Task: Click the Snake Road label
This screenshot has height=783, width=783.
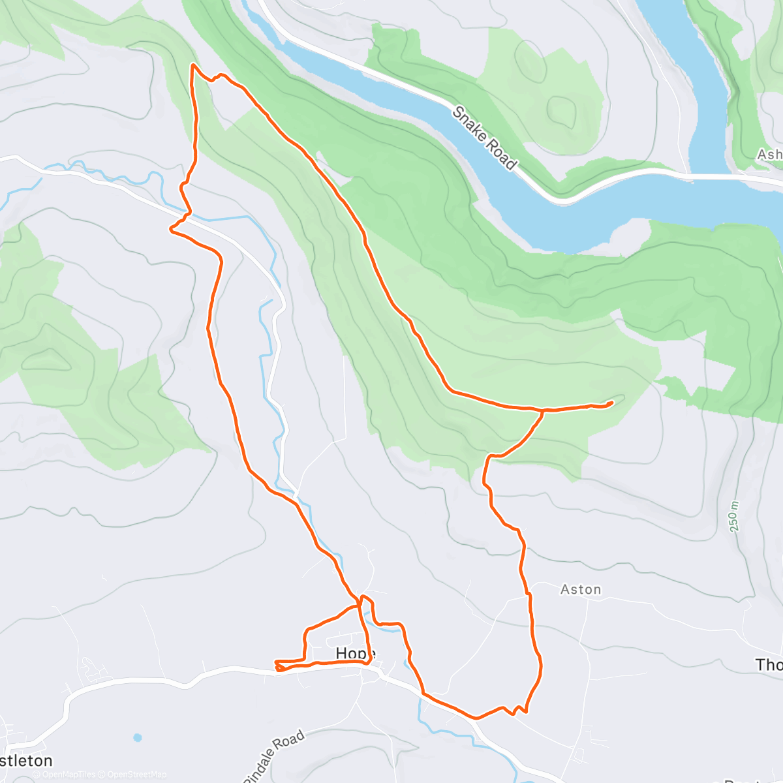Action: (485, 138)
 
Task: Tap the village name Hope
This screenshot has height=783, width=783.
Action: (355, 653)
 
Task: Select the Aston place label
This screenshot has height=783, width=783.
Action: (581, 590)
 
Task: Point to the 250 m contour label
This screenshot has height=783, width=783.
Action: (735, 515)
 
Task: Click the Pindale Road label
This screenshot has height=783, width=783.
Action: (275, 756)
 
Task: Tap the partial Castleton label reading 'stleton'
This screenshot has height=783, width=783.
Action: (26, 761)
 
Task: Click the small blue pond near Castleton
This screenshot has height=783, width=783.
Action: (137, 738)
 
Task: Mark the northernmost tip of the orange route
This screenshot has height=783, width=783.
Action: (192, 65)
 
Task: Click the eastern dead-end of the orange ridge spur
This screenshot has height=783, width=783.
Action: (611, 403)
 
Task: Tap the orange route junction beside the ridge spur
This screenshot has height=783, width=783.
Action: (543, 410)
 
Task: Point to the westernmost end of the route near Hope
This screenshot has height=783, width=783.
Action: (276, 662)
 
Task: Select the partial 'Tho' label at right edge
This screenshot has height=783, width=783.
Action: (768, 665)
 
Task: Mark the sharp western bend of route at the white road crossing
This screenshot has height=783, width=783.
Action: (172, 228)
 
